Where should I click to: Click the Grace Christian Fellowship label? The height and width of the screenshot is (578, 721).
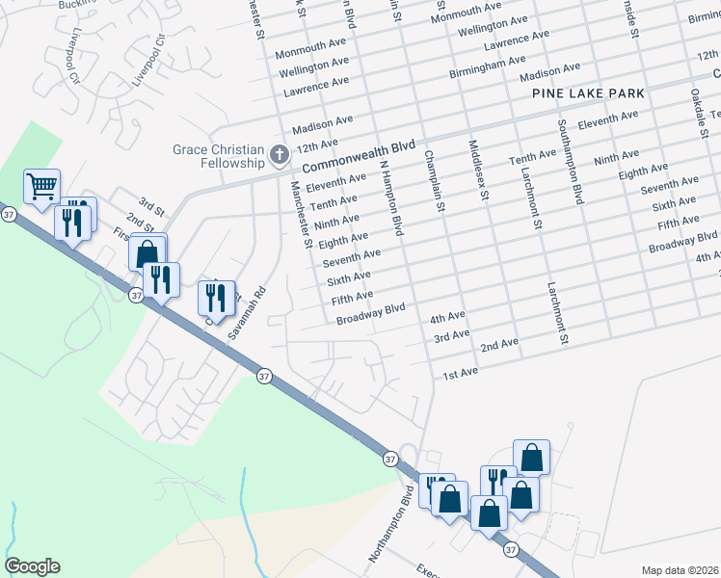click(218, 156)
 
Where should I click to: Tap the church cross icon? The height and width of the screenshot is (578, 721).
click(279, 154)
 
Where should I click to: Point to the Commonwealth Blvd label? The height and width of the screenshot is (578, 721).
click(358, 154)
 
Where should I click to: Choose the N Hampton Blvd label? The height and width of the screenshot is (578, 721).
click(390, 197)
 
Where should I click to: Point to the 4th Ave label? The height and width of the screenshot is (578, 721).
click(448, 317)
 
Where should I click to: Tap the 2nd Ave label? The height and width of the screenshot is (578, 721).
click(499, 345)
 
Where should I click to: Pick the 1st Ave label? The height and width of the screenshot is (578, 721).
click(460, 373)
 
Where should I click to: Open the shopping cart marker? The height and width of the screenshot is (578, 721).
click(41, 186)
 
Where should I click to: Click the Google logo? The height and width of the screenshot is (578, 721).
click(32, 566)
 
